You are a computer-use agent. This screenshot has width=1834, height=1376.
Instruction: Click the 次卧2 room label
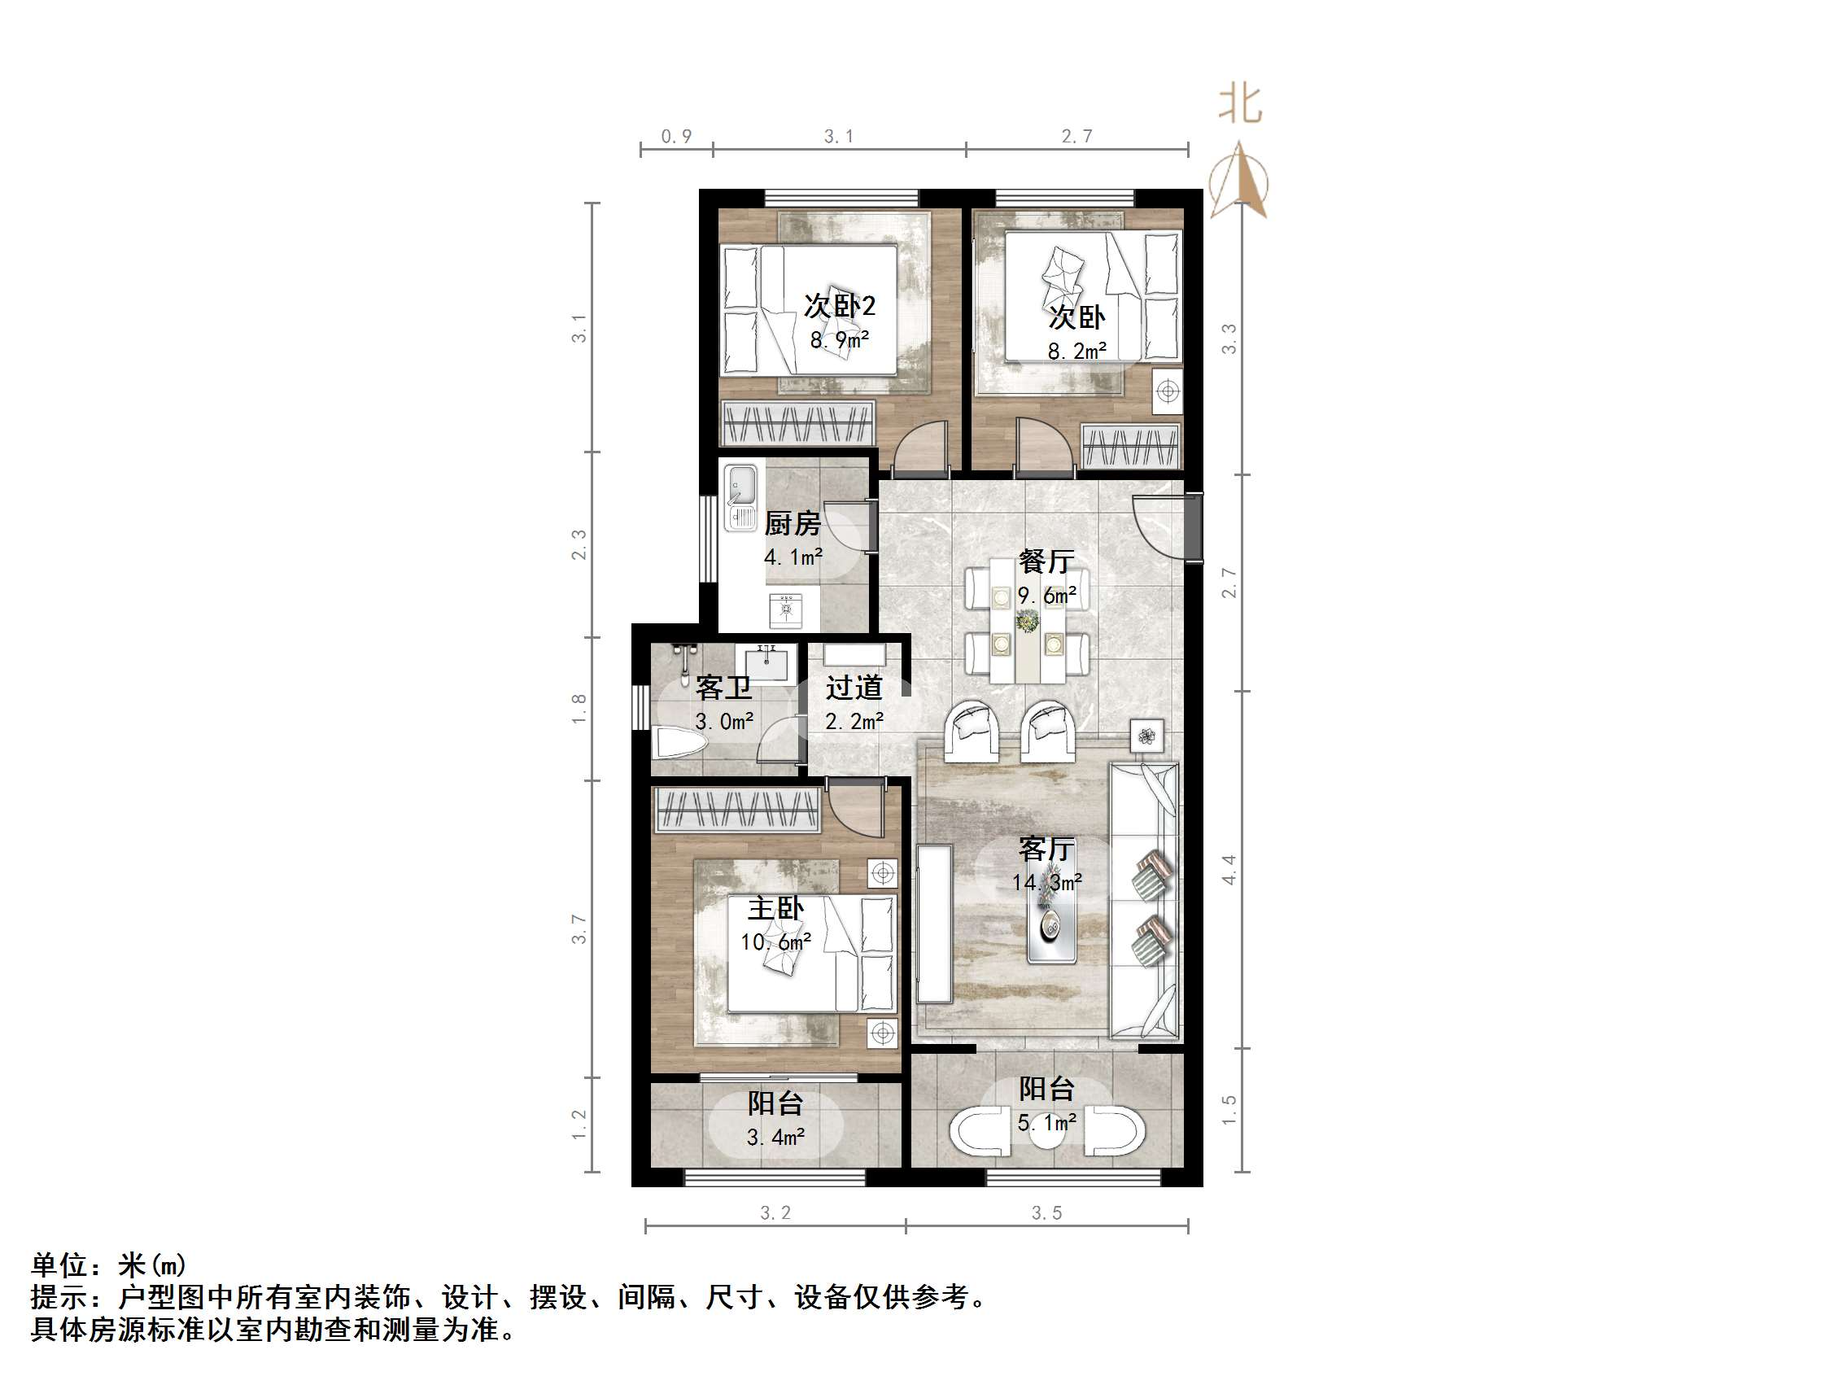click(839, 306)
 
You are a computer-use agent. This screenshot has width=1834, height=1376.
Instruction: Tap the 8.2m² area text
click(1076, 352)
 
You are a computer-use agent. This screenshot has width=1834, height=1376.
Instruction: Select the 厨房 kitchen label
click(792, 523)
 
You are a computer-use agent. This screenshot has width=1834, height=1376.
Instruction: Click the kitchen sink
click(741, 496)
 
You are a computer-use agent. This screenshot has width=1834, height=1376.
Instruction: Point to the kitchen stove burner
click(785, 609)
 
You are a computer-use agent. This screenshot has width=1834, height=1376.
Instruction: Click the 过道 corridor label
click(854, 688)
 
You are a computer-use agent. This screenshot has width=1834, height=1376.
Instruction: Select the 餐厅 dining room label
click(1046, 561)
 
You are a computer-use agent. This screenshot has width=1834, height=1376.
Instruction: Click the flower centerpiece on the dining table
click(1028, 620)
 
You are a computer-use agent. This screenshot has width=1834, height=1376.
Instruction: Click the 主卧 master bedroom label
click(775, 908)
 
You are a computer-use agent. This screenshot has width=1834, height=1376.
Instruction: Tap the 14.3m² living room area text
click(1046, 883)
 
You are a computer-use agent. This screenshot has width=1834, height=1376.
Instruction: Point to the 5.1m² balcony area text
click(1046, 1123)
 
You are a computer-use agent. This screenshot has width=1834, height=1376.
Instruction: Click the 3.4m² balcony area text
click(775, 1137)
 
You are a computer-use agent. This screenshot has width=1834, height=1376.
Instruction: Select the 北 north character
click(1239, 104)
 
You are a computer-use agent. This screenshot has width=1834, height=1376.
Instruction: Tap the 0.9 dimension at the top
click(676, 137)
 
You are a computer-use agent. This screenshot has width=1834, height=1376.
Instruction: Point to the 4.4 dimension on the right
click(1229, 869)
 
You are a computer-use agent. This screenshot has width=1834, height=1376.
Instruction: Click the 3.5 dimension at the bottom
click(1046, 1212)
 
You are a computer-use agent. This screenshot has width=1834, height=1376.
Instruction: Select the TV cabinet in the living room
click(934, 924)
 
